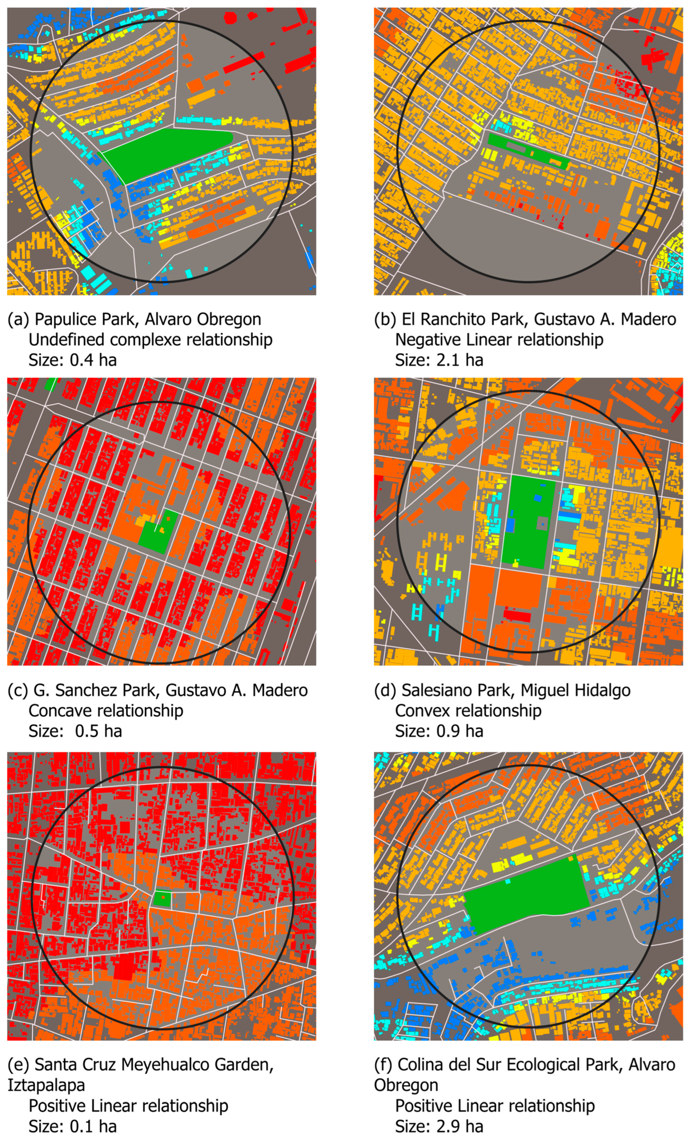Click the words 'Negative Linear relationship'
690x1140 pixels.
(499, 339)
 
